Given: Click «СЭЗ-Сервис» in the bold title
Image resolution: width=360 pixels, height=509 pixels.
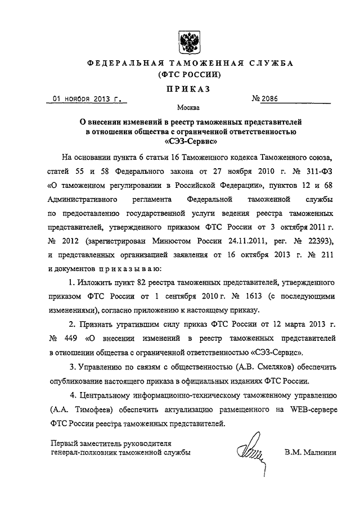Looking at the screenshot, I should [x=188, y=142].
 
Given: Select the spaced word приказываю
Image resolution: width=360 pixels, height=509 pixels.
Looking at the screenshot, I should [x=128, y=268].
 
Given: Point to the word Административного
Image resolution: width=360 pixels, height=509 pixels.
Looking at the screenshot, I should [x=83, y=199].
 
